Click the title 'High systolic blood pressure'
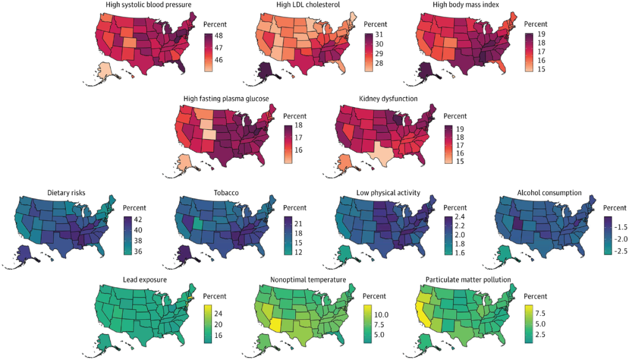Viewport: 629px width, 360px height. click(149, 5)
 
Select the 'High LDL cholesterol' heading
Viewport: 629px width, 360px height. click(308, 5)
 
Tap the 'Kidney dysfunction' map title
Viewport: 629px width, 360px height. click(388, 98)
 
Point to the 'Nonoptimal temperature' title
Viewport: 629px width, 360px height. click(308, 280)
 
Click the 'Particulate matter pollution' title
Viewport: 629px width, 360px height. click(468, 280)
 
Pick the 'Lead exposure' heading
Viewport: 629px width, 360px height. click(145, 280)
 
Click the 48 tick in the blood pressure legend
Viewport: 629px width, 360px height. click(218, 36)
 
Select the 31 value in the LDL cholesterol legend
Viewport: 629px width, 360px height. click(379, 34)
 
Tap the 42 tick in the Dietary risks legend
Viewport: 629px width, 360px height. click(138, 220)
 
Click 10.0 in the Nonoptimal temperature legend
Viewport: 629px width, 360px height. click(381, 315)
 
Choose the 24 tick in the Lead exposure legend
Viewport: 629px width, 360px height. click(218, 314)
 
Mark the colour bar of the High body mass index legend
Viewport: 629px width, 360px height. click(529, 52)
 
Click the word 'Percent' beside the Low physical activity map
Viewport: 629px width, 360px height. click(455, 208)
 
